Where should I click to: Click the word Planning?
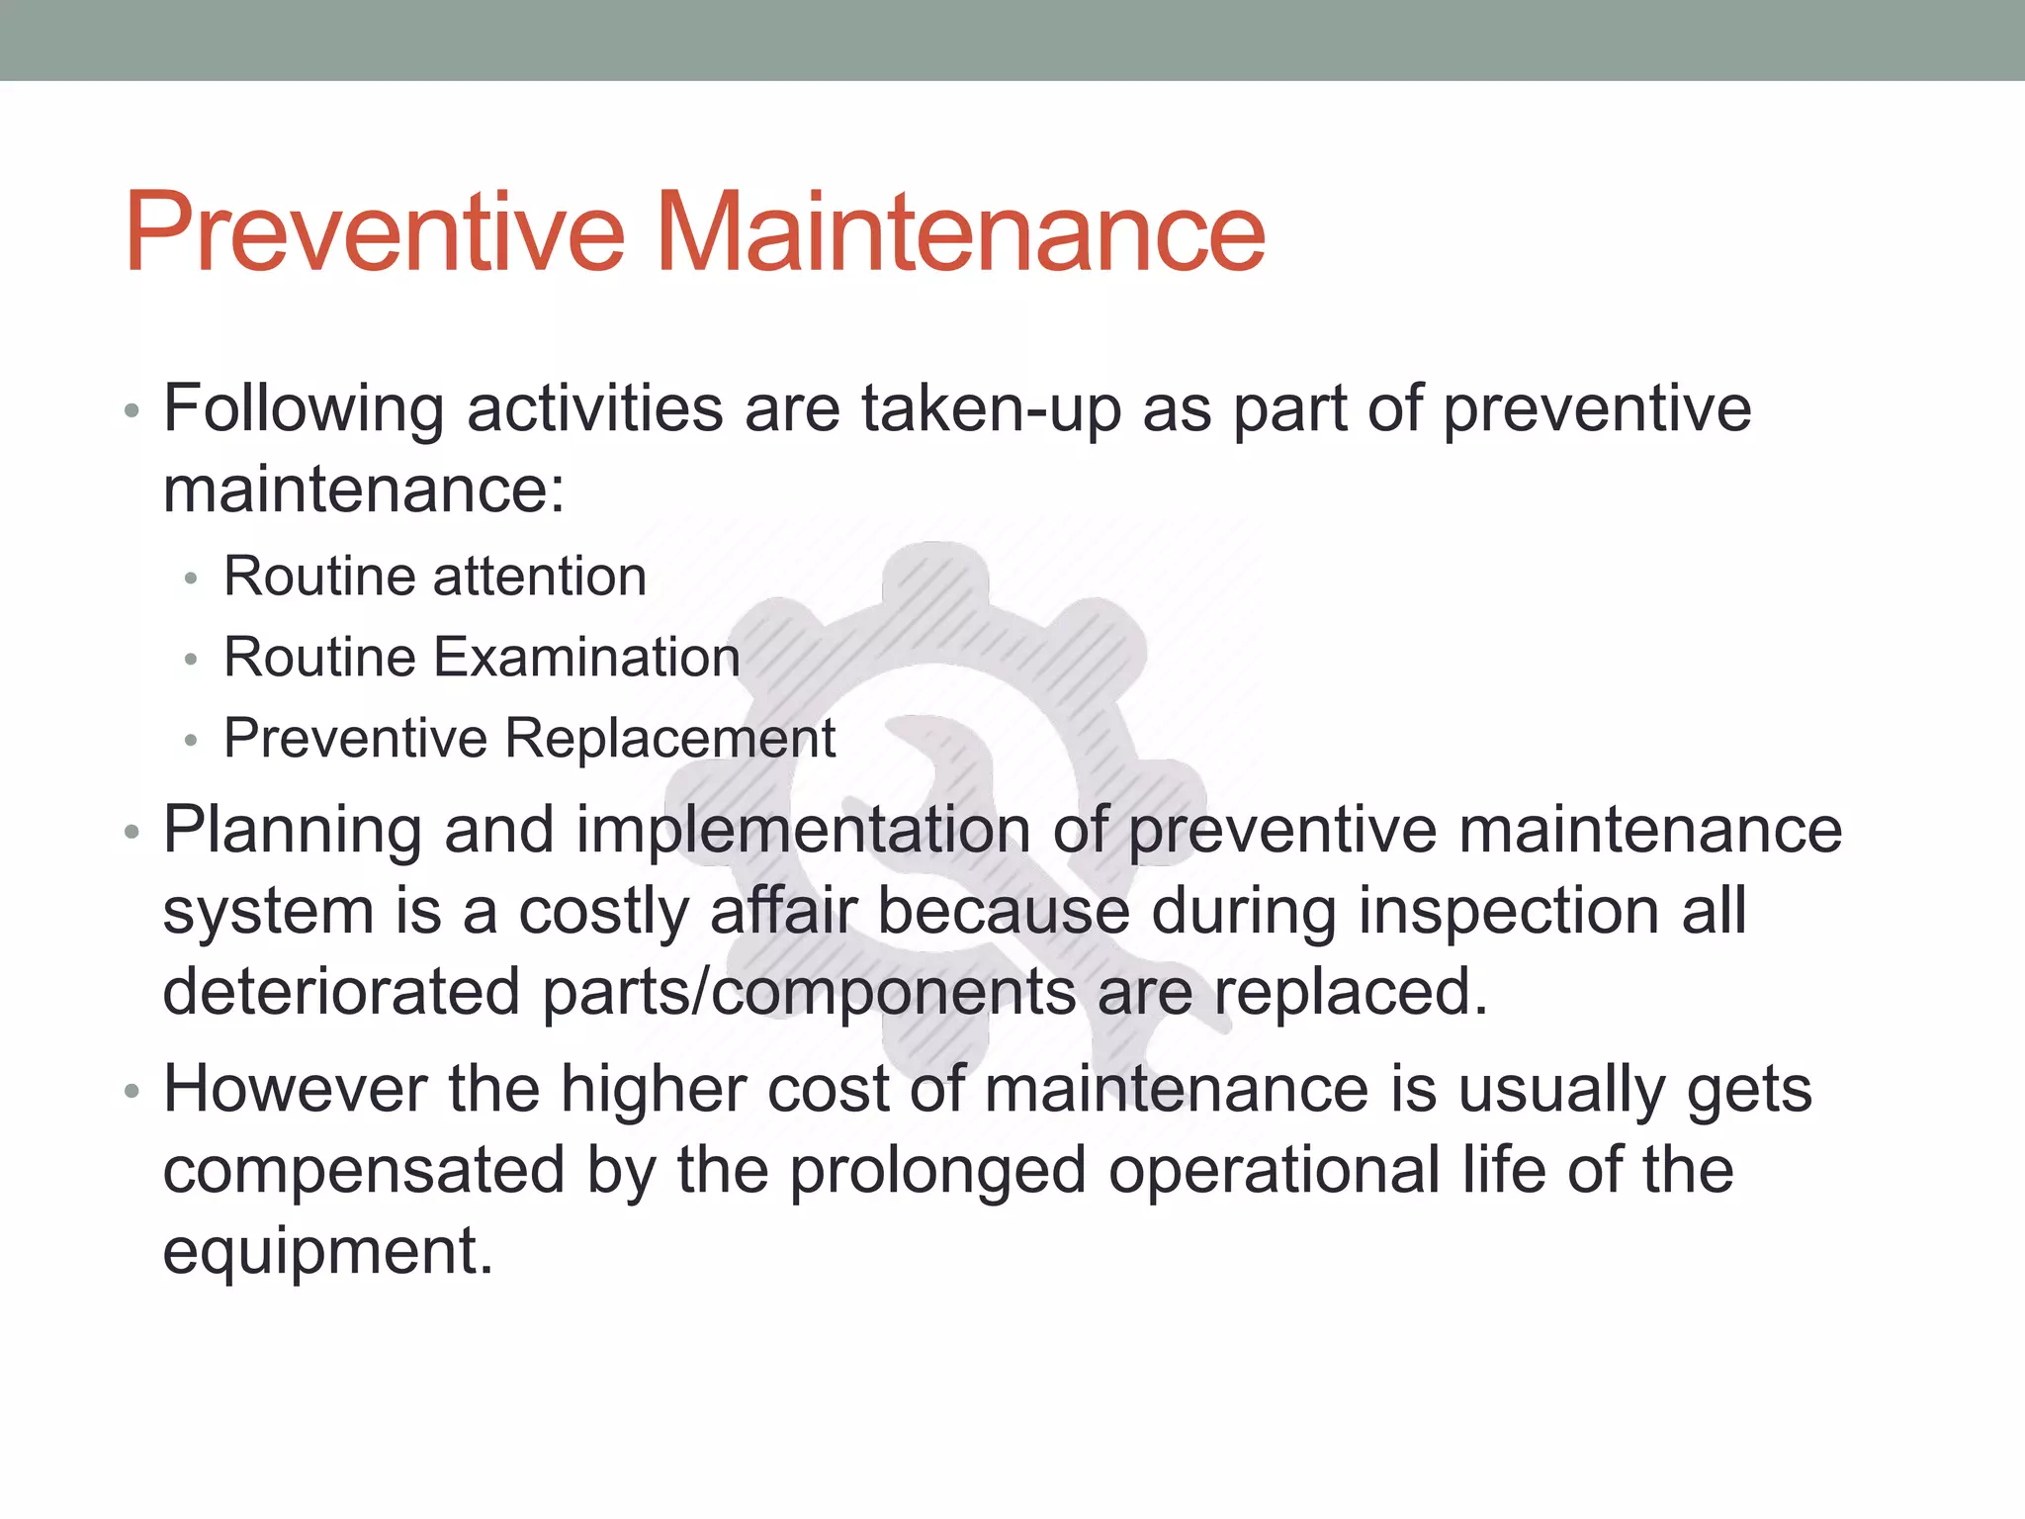click(x=293, y=831)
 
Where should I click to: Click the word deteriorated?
click(x=341, y=991)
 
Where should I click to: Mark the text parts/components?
click(x=809, y=993)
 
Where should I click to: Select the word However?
click(x=295, y=1089)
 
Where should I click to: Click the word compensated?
click(x=363, y=1171)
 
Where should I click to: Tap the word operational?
click(x=1274, y=1171)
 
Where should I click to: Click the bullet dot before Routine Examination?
click(x=192, y=659)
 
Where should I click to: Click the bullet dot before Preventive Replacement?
click(x=192, y=740)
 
